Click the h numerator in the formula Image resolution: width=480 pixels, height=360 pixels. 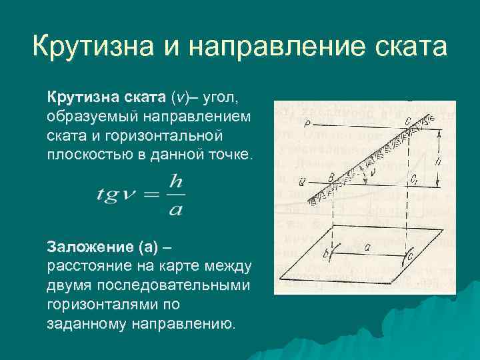coord(175,181)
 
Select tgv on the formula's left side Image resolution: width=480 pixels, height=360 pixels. coord(115,194)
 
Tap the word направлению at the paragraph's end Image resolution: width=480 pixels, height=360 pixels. coord(188,323)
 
